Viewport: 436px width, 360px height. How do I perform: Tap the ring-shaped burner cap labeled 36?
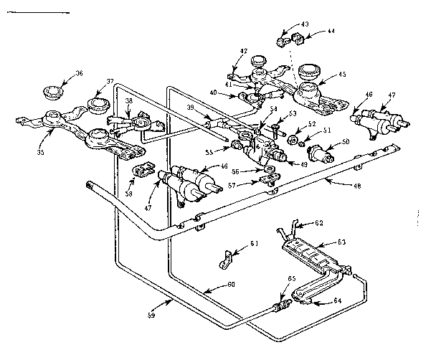tap(52, 92)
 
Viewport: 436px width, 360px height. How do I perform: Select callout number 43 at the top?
tap(304, 24)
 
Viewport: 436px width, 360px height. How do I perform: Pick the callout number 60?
tap(230, 284)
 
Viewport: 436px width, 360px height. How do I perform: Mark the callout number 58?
tap(128, 194)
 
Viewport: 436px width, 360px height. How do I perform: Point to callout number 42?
tap(244, 52)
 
